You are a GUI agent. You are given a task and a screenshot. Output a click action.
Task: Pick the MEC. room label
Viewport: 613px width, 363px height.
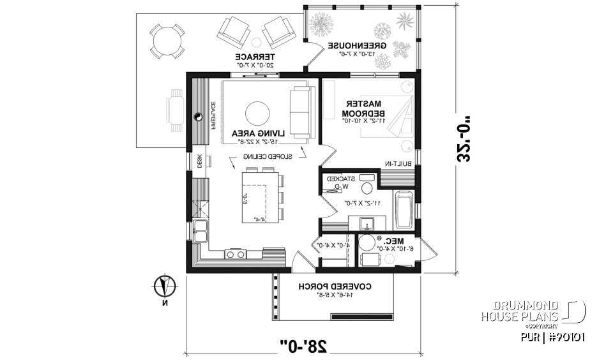point(393,241)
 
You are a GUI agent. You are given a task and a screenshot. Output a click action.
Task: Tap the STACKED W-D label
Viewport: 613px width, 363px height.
point(341,182)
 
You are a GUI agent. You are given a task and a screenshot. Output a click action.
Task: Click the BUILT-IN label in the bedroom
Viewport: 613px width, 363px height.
point(397,164)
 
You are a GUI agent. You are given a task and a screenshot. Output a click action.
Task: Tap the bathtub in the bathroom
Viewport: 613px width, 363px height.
point(404,209)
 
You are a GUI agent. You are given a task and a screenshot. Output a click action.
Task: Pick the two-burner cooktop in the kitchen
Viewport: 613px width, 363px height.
point(234,255)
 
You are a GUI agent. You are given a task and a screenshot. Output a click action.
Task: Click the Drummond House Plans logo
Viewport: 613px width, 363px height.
point(533,311)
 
